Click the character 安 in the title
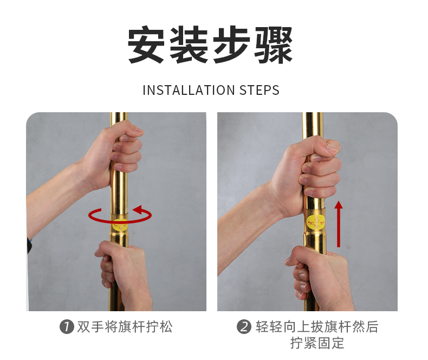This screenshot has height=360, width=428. (146, 45)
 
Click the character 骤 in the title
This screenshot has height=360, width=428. (273, 45)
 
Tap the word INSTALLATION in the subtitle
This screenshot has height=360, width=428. (189, 90)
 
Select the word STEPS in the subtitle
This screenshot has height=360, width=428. (260, 90)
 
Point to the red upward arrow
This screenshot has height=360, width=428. (339, 224)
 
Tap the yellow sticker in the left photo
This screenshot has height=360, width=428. (120, 226)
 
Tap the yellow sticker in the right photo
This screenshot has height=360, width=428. (316, 222)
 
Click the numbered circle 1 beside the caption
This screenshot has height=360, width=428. (67, 327)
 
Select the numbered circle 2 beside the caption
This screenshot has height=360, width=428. (244, 327)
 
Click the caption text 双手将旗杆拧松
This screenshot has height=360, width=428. (125, 327)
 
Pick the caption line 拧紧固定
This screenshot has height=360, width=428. (317, 343)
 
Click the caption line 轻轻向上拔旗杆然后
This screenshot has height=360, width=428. (317, 327)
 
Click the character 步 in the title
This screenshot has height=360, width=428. (231, 45)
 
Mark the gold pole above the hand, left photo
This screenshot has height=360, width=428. (119, 118)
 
